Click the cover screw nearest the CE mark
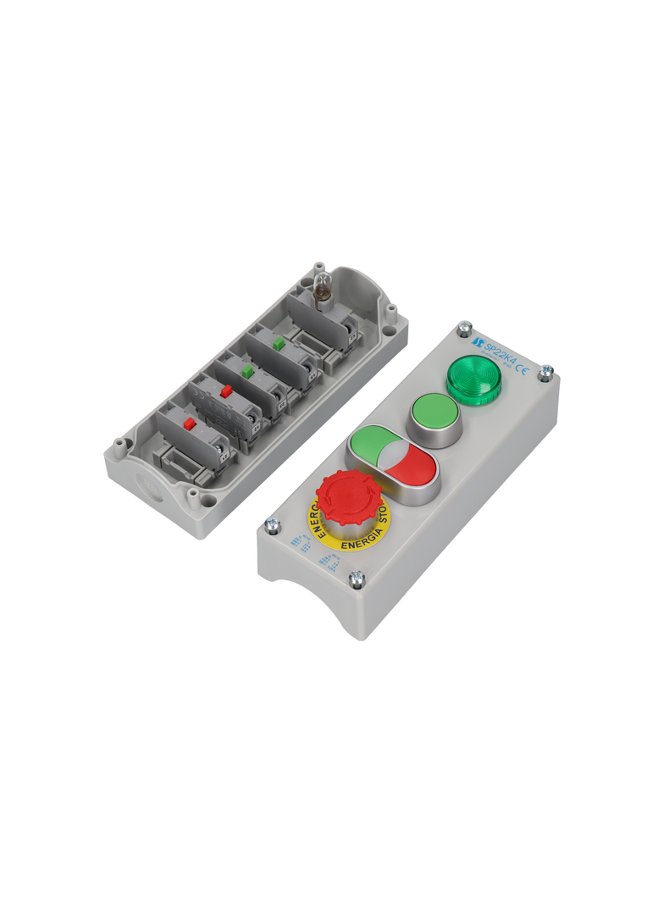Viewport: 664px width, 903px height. (x=547, y=370)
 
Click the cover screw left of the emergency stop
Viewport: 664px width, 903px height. (x=273, y=526)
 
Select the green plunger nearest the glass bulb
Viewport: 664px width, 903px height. (x=278, y=344)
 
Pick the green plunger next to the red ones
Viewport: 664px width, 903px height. (x=247, y=371)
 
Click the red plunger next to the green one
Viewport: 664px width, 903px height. (x=225, y=392)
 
